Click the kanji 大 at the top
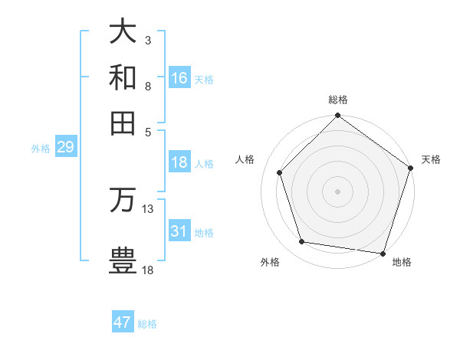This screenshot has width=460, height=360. tap(123, 32)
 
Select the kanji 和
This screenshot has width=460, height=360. tap(123, 77)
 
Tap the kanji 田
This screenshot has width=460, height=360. tap(123, 123)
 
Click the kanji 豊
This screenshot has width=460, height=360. tap(123, 260)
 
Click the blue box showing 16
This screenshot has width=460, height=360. tap(179, 78)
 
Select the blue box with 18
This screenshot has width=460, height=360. tap(179, 162)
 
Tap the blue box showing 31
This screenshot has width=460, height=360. tap(179, 231)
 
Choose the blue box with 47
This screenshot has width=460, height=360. tap(123, 322)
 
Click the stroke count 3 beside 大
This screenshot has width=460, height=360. tap(147, 40)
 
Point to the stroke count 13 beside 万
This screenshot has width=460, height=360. tap(148, 208)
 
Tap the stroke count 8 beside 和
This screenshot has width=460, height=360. tap(147, 86)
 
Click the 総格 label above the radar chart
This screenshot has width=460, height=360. tap(338, 100)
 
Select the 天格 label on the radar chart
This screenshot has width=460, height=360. tap(431, 159)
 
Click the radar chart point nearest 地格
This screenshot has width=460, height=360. tap(383, 253)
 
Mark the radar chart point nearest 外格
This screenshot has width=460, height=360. tap(302, 242)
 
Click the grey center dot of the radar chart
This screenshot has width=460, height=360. tap(338, 191)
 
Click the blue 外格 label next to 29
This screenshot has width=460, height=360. tap(41, 149)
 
